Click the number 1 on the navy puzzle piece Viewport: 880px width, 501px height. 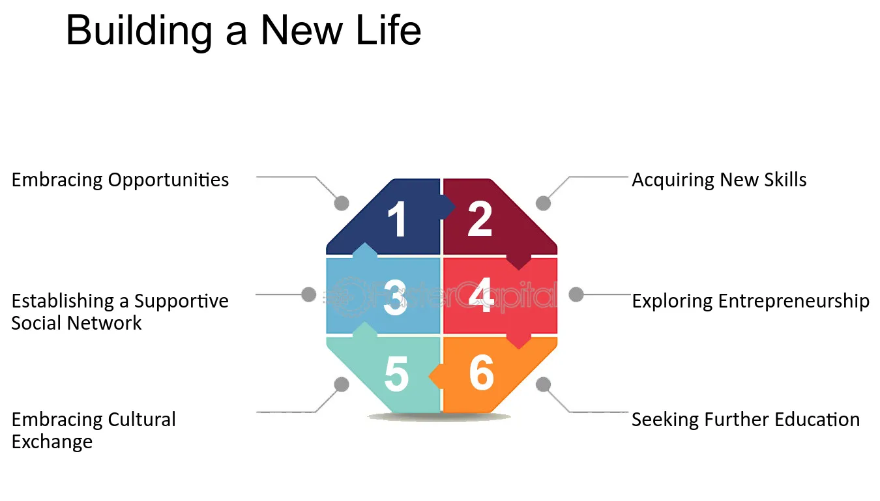(398, 218)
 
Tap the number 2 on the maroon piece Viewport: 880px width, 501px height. (480, 218)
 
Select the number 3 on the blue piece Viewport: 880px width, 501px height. (395, 297)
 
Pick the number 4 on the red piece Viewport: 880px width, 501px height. (480, 295)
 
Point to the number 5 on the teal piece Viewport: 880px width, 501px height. (396, 374)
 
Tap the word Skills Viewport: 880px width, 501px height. (785, 180)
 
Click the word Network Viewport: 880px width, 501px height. (104, 323)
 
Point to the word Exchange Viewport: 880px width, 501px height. (52, 442)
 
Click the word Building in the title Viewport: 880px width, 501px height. (139, 31)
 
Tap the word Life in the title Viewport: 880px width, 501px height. (388, 30)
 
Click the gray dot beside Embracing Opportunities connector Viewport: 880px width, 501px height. (342, 203)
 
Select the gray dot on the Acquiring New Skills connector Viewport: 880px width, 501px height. (543, 203)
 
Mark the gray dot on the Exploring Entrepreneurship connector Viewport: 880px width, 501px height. (576, 294)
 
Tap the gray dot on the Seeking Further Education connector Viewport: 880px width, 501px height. (543, 384)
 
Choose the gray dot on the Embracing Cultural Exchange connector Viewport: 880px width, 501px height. (342, 384)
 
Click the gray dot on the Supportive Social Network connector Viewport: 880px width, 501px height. (308, 294)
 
